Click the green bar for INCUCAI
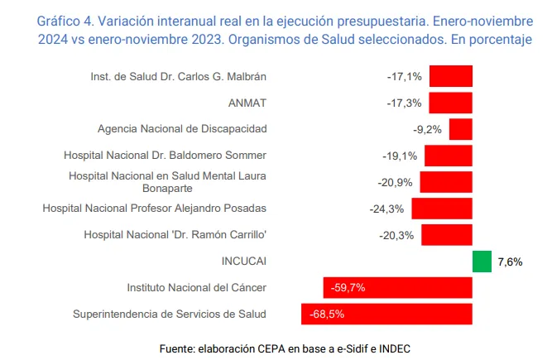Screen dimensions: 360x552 tap(482, 261)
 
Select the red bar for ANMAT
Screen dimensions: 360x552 tap(450, 103)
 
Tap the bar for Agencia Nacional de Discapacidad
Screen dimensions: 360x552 tap(460, 129)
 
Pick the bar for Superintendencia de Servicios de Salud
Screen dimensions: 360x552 tap(386, 314)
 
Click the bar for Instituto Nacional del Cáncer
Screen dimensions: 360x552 tap(397, 288)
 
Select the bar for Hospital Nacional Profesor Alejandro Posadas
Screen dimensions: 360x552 tap(441, 209)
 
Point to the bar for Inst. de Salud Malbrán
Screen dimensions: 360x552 tap(450, 76)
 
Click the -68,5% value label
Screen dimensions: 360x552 tap(326, 314)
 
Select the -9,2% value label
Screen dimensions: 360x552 tap(427, 129)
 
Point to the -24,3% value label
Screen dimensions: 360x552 tap(386, 209)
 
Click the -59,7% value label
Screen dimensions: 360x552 tap(348, 288)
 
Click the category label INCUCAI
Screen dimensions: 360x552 tap(243, 261)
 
